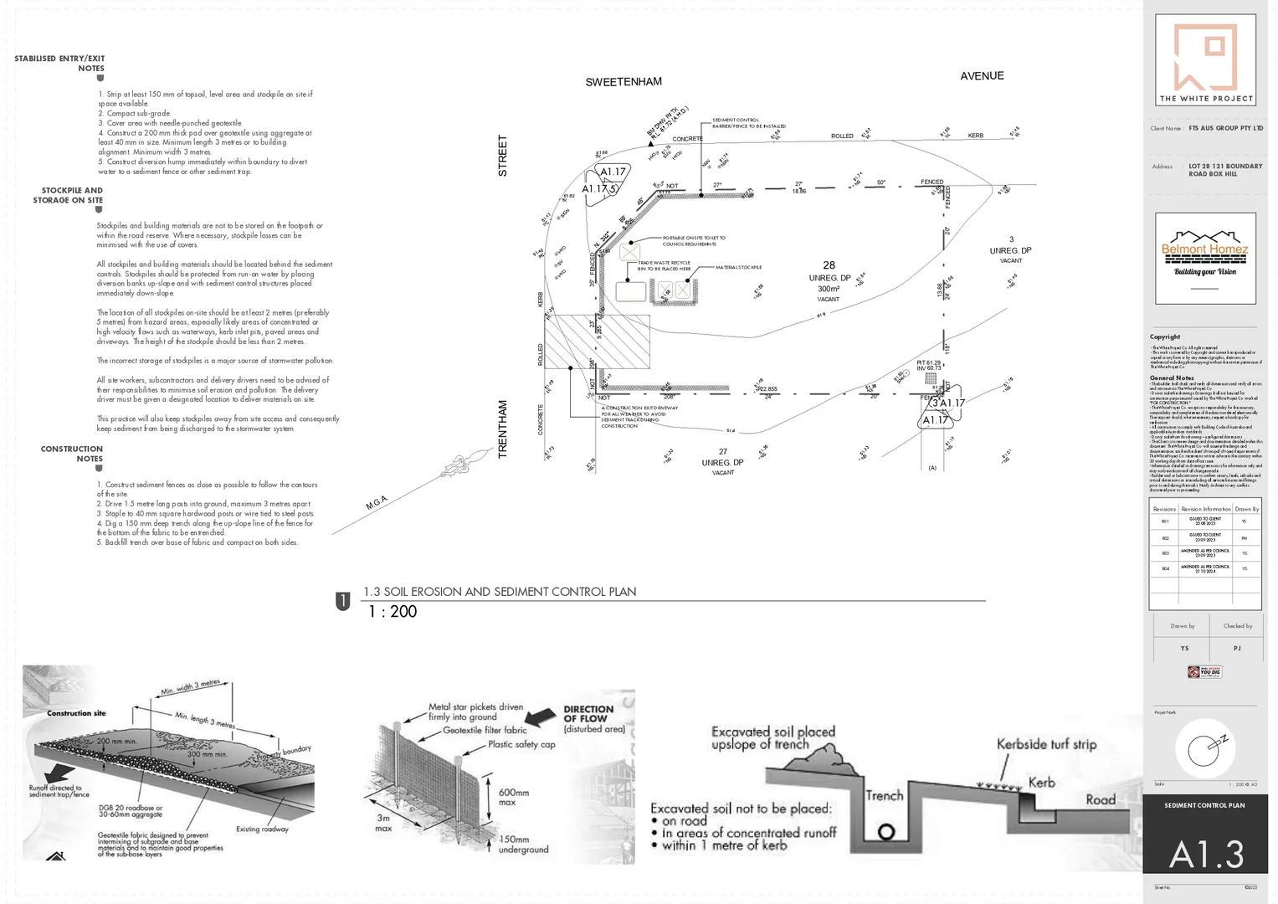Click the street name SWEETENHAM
pos(624,82)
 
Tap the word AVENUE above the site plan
pos(982,76)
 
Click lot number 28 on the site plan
pos(829,265)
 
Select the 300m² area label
pos(829,289)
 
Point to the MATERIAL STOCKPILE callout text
pos(738,268)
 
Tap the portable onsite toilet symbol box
pos(629,252)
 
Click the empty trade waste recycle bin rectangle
pos(631,291)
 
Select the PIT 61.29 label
pos(928,362)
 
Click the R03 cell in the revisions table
pos(1164,553)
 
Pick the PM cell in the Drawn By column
pos(1244,537)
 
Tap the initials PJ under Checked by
pos(1237,648)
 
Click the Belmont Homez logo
pos(1205,258)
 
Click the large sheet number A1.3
pos(1206,855)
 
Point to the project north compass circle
pos(1204,747)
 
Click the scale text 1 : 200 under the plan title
pos(393,612)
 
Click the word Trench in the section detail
pos(884,796)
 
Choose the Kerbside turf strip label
pos(1046,744)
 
